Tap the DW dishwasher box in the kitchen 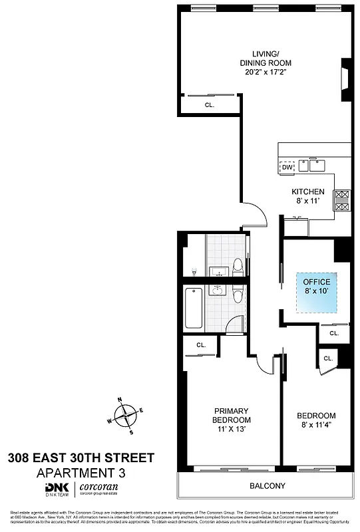287,168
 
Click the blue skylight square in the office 317,293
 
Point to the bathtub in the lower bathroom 194,307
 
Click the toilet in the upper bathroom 237,268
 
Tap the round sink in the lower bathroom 218,290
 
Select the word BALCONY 268,486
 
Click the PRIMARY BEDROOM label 231,416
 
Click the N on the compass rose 119,400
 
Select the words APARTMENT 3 79,473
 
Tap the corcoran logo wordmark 99,489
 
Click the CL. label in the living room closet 210,104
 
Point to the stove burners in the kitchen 342,200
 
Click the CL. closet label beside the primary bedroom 200,345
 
